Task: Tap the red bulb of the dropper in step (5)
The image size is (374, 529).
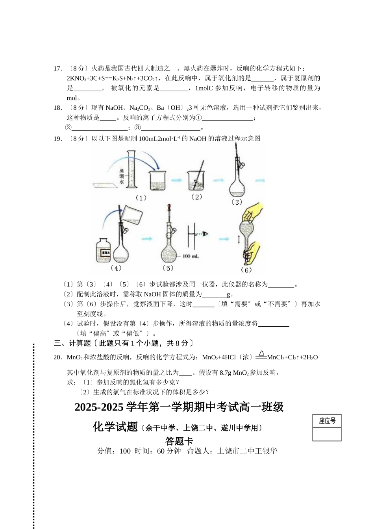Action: (169, 207)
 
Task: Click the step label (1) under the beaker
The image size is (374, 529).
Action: (141, 198)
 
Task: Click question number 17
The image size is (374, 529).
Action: (58, 68)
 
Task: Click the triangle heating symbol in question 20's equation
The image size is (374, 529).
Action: (261, 353)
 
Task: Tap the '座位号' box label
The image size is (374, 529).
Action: (327, 421)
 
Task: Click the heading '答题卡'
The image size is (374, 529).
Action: (179, 441)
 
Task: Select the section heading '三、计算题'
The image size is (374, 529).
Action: (72, 343)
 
